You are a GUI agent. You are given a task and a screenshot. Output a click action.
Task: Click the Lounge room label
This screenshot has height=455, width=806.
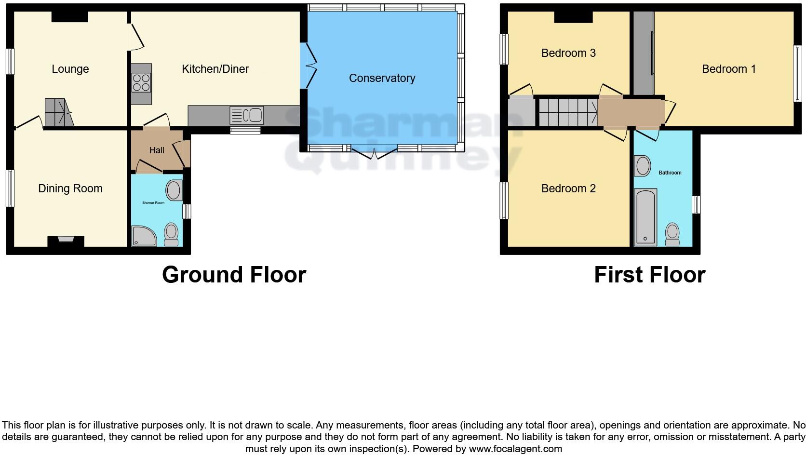point(70,69)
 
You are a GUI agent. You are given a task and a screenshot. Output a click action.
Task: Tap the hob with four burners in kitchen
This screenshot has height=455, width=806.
point(141,83)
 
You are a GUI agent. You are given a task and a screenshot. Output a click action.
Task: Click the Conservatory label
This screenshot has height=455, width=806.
point(382,78)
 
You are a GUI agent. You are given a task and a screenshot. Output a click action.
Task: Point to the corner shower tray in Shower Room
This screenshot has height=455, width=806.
point(144,236)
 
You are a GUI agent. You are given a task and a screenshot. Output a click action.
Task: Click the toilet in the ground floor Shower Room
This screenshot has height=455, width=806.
point(171,234)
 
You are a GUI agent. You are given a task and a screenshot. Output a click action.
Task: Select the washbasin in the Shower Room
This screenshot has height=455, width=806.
point(174,190)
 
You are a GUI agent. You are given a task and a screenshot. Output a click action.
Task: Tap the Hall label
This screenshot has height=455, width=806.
point(157,150)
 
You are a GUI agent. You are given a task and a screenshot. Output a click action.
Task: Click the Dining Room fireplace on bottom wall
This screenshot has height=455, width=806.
point(66,241)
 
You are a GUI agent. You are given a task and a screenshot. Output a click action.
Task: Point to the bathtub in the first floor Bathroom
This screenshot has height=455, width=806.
point(645,217)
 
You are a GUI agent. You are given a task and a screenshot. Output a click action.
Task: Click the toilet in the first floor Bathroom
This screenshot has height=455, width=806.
point(672,234)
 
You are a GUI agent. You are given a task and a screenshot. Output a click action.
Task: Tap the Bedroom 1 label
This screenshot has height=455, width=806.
point(728,69)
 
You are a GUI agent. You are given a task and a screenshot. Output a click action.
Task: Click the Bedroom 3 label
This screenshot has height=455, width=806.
point(568,53)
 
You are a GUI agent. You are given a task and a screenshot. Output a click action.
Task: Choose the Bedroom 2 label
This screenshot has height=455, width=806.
point(568,188)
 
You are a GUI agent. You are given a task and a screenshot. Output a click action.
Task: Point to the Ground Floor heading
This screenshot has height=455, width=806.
point(234,275)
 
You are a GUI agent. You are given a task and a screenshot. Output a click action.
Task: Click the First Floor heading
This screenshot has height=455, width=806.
point(649,275)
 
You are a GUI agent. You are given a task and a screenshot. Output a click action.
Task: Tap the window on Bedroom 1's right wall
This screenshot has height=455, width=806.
point(797,73)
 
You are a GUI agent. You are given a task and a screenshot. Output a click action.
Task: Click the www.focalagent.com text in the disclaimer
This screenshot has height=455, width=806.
point(515,449)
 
